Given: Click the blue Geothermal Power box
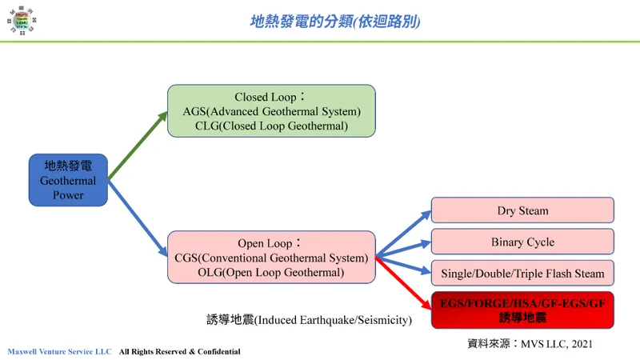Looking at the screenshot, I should click(68, 180).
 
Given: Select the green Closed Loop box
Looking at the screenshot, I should click(271, 110).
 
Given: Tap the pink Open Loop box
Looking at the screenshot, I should click(271, 257).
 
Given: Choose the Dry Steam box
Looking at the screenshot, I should click(522, 210).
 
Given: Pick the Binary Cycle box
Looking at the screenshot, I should click(522, 242).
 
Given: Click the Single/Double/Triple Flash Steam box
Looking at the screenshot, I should click(522, 274).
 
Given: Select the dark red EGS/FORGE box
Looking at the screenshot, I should click(522, 310).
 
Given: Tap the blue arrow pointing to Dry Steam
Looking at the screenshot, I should click(402, 234).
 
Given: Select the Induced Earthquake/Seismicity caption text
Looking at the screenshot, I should click(309, 320).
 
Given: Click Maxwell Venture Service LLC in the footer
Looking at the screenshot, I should click(59, 352).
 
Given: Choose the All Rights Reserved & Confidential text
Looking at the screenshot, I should click(179, 352).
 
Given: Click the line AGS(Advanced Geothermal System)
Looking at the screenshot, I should click(271, 111).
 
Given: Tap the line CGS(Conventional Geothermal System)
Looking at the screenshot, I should click(271, 258).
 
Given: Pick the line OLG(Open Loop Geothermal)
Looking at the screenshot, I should click(271, 273).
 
